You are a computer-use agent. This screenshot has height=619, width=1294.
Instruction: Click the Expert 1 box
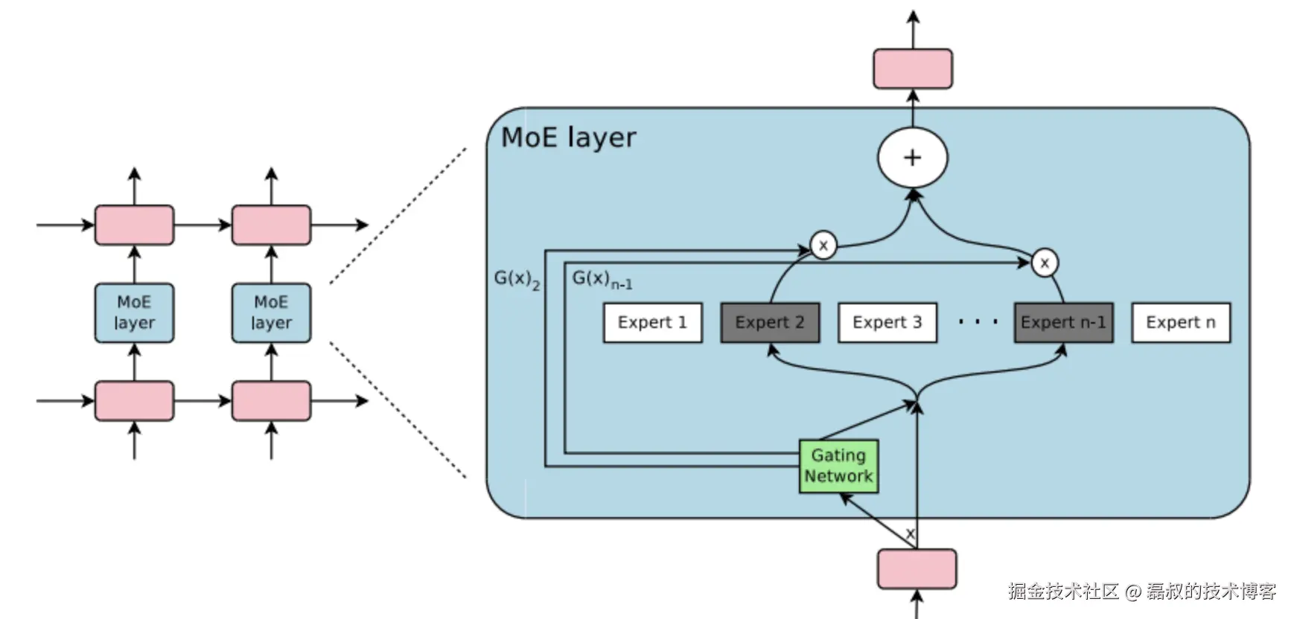pos(652,322)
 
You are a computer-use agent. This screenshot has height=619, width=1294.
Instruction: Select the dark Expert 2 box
pos(770,322)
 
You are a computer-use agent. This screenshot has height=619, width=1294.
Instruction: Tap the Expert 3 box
pos(887,322)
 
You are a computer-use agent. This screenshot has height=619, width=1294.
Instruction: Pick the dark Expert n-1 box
pos(1063,322)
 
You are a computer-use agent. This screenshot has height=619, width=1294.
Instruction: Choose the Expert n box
pos(1180,322)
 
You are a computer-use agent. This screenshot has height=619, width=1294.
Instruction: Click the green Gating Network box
pos(838,466)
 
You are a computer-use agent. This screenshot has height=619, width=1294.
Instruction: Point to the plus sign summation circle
pos(912,158)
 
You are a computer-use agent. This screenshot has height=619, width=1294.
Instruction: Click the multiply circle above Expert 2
pos(823,246)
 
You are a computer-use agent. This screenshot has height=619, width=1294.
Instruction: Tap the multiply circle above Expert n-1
pos(1045,263)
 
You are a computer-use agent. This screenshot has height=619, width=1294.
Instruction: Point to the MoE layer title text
pos(568,138)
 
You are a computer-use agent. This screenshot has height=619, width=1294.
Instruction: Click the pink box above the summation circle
pos(912,68)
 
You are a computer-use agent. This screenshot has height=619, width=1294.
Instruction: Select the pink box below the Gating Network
pos(917,569)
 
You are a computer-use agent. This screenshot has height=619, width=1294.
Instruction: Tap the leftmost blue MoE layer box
pos(134,312)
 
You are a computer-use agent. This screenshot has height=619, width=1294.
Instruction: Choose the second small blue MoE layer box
pos(271,312)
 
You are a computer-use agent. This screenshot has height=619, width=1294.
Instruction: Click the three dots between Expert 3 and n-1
pos(978,322)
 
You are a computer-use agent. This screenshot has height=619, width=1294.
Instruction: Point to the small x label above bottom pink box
pos(909,533)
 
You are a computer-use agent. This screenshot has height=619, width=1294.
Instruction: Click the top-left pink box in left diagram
pos(134,225)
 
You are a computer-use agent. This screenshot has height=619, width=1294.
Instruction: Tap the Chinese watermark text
pos(1141,591)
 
